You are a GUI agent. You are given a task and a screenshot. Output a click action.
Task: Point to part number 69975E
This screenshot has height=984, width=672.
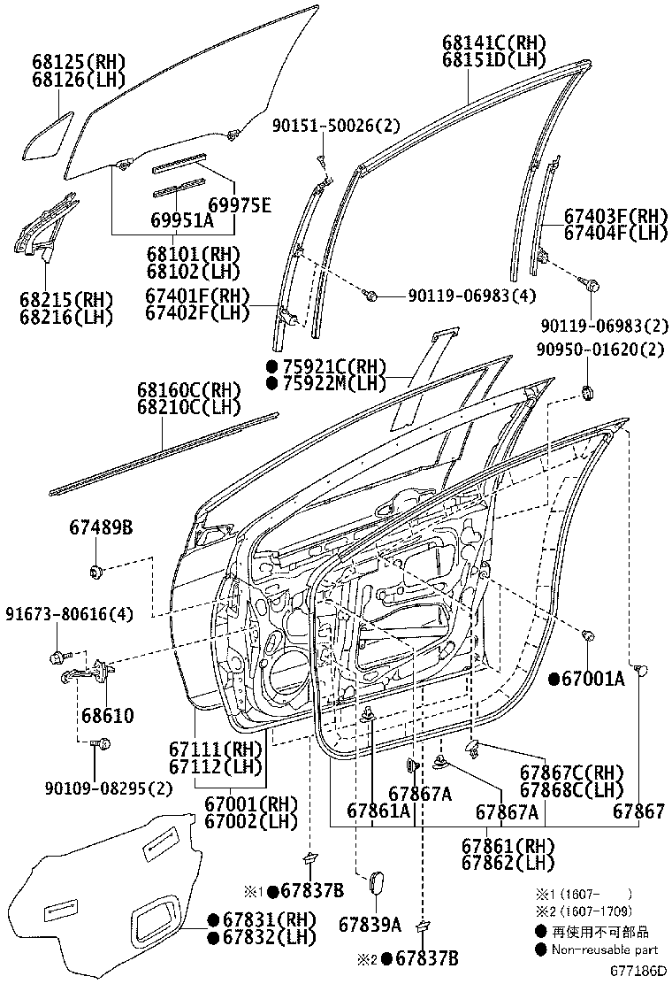(234, 205)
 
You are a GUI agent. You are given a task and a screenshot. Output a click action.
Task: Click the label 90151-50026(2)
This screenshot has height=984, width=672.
(335, 127)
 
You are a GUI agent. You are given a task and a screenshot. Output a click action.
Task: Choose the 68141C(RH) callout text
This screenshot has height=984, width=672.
(493, 42)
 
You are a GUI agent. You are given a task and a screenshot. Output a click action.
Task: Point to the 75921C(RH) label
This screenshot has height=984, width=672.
(326, 365)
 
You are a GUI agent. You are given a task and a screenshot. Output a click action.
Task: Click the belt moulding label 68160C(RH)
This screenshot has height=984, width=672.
(188, 389)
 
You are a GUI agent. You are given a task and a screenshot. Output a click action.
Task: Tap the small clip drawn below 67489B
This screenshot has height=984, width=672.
(96, 571)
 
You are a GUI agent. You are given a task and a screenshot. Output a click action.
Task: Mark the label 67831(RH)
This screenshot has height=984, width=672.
(256, 919)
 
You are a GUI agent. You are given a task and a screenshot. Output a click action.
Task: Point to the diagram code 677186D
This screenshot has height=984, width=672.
(637, 971)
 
